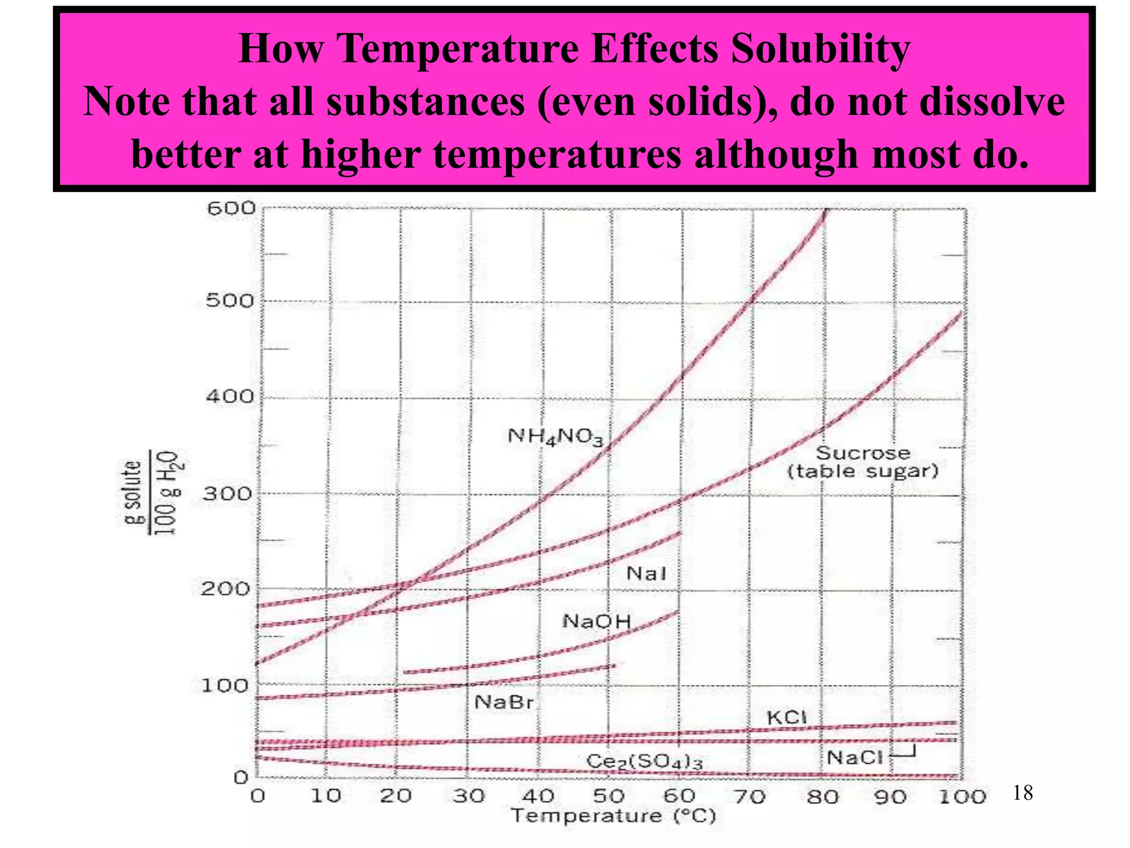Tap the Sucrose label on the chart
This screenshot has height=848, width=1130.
862,453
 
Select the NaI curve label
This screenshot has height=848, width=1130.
646,574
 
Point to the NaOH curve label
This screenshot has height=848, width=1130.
596,622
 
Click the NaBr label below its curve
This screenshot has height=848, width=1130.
504,702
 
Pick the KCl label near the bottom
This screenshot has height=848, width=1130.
787,717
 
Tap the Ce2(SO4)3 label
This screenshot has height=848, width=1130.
644,761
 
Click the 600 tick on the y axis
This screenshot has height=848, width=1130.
231,209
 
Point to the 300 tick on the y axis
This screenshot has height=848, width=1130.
227,493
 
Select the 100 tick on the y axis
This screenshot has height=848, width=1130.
225,686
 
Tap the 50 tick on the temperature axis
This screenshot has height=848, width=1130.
609,796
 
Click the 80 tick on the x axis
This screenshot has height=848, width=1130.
822,797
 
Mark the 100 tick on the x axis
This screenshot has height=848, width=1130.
962,797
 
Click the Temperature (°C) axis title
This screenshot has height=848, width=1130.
613,816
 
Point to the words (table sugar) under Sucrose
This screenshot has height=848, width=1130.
862,471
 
